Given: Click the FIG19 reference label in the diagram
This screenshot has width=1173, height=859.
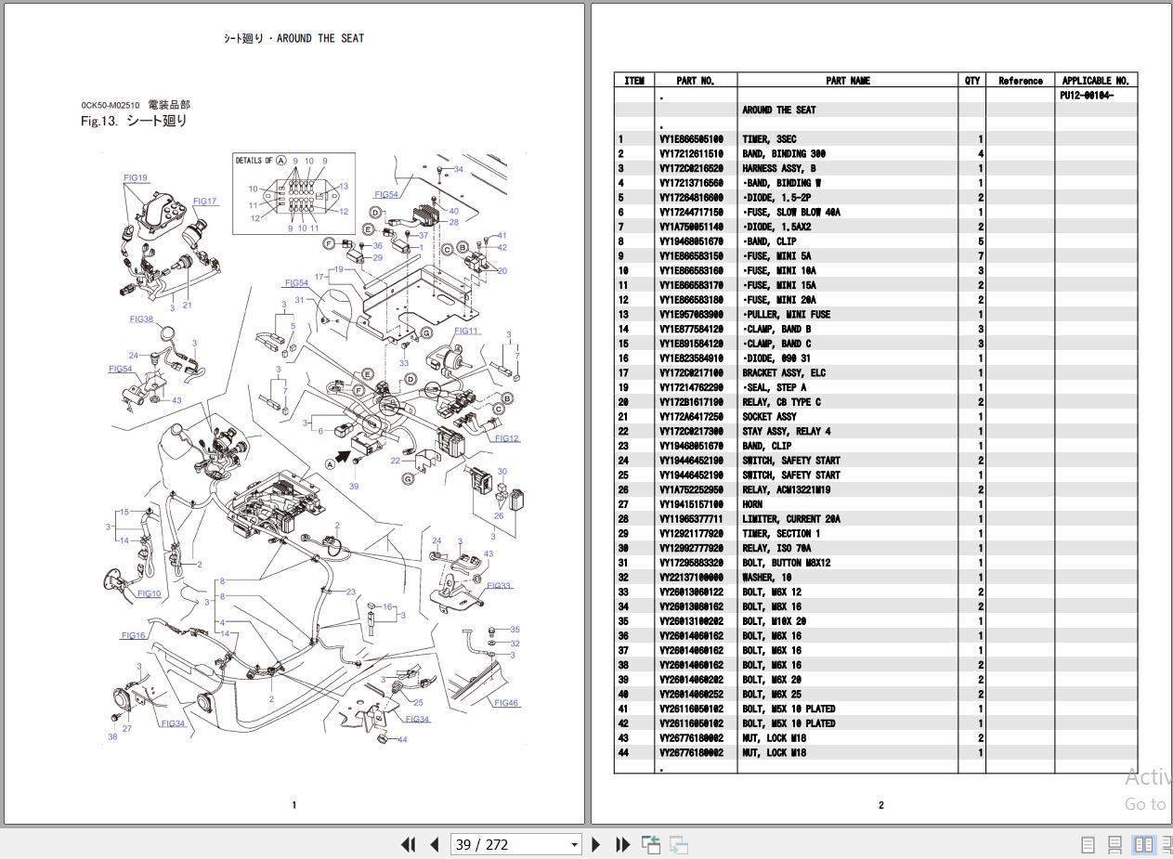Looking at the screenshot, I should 136,177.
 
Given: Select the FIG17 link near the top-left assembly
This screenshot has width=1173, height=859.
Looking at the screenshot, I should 204,202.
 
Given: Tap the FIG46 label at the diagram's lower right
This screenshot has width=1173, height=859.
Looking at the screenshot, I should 506,703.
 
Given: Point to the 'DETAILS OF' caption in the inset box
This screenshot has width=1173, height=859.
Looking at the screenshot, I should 254,161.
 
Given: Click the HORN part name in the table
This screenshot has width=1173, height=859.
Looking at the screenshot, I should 752,504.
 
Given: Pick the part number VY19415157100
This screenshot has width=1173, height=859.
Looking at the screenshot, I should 691,504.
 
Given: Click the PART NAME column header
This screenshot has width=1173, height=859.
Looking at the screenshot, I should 847,81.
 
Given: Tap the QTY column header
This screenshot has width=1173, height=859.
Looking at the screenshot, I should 971,81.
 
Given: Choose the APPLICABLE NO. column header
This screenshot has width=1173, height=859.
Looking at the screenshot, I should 1095,81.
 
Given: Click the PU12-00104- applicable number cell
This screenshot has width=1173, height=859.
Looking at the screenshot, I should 1086,96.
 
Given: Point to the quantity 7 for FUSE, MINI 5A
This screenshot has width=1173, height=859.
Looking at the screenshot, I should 980,256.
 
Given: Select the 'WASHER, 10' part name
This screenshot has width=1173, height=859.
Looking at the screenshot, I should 766,578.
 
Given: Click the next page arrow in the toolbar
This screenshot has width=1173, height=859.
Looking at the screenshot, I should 596,844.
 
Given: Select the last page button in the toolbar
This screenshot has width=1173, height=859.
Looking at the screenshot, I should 623,844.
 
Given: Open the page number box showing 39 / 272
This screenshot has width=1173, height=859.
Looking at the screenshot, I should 515,844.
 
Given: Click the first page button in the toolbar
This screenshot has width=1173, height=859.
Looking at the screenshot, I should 408,844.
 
